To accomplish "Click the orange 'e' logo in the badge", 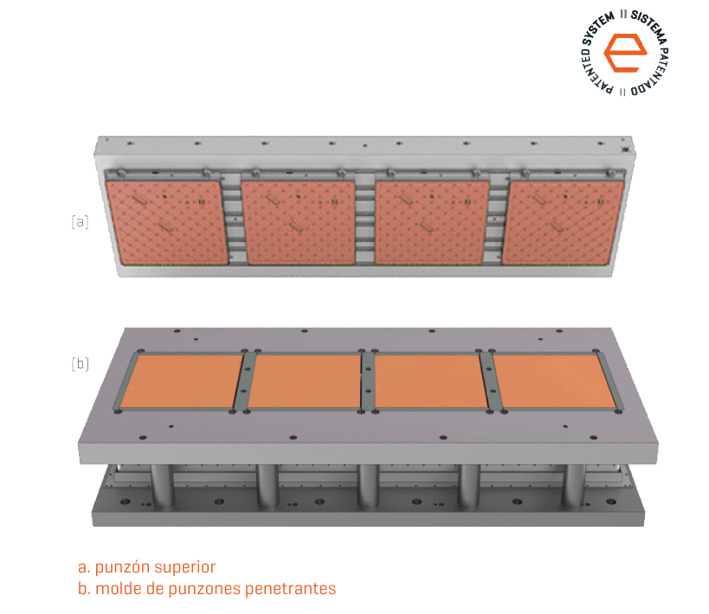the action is click(x=625, y=53).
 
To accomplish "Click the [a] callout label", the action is click(x=80, y=222).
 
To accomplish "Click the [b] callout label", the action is click(x=80, y=364).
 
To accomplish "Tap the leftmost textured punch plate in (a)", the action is click(x=167, y=222).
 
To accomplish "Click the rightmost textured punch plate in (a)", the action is click(x=563, y=223).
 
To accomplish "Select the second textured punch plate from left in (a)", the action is click(x=299, y=222).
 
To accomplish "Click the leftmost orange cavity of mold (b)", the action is click(x=182, y=381).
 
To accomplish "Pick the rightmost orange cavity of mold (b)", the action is click(x=553, y=381).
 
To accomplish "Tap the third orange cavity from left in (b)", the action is click(x=430, y=381).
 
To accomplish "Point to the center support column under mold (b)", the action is click(x=368, y=485).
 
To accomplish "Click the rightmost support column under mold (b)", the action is click(x=573, y=485).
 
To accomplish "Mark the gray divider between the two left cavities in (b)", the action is click(x=245, y=381).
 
